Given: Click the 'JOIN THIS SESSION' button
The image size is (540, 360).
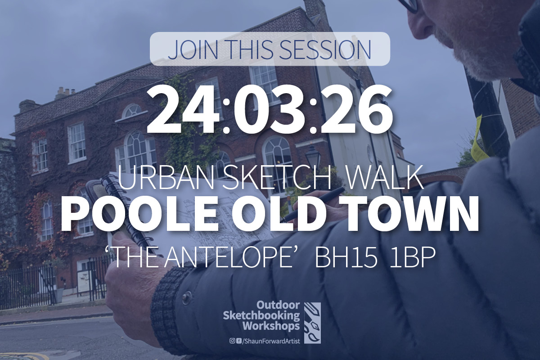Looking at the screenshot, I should pyautogui.click(x=270, y=49).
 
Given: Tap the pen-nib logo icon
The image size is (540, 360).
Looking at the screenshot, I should pyautogui.click(x=312, y=323).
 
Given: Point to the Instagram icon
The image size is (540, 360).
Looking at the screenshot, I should pyautogui.click(x=232, y=341).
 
